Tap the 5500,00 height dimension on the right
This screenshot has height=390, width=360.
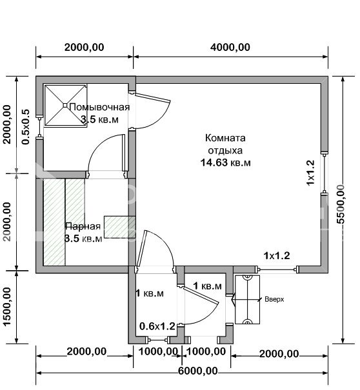coord(348,203)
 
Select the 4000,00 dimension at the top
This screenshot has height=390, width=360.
coord(231,47)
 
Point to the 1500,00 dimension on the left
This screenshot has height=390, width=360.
coord(8,307)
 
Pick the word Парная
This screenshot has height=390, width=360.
coord(82,226)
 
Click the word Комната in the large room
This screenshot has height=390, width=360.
coord(225,138)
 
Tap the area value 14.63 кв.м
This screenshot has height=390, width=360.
coord(225,162)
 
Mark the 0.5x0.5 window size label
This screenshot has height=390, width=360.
coord(26,126)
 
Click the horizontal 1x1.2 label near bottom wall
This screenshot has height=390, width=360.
coord(276,255)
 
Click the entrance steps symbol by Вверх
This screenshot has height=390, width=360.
coord(246,299)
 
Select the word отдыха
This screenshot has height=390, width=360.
coord(225,150)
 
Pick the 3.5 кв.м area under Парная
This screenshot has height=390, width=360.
coord(83,239)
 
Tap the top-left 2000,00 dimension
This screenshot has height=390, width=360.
coord(85,47)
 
